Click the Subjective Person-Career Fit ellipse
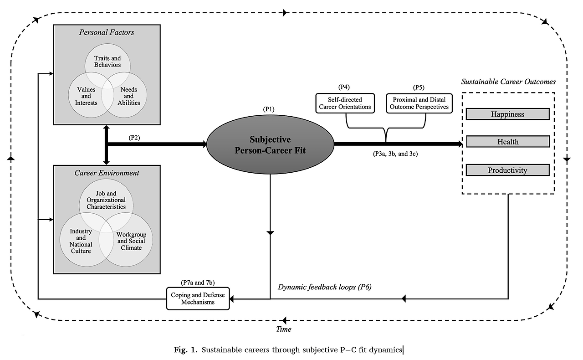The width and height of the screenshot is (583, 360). pos(270,144)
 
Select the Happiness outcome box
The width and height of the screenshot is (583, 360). pos(507,114)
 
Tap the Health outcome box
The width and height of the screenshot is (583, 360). pos(507,142)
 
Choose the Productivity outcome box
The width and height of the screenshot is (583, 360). pos(507,170)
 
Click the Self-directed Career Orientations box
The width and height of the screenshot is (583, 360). pos(345,103)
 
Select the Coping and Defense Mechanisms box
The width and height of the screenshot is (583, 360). pos(197,298)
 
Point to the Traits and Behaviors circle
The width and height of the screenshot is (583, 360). pos(107,62)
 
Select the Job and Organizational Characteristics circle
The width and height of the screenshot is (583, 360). pos(107,201)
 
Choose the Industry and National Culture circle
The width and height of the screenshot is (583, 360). pos(81,241)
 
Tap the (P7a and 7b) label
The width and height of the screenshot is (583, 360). pos(196,283)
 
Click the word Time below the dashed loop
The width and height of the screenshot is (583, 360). pos(284,329)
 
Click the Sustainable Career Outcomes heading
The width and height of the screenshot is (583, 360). pos(508,82)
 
